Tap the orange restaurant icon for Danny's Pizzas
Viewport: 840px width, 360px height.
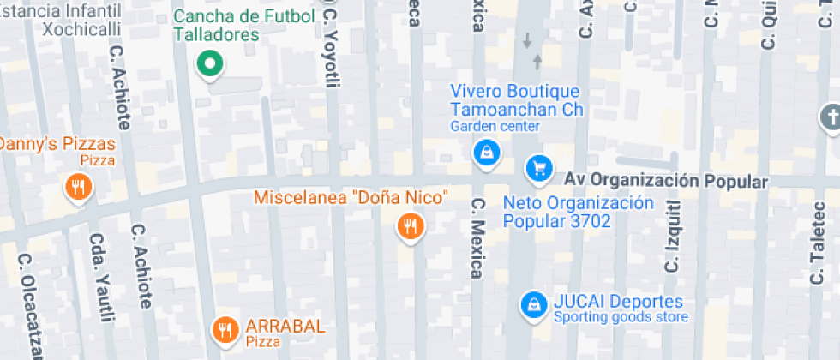click(78, 187)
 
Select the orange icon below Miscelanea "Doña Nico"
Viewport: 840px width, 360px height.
click(411, 226)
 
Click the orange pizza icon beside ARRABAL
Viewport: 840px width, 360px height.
click(225, 329)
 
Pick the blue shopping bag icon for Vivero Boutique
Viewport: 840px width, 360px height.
click(486, 153)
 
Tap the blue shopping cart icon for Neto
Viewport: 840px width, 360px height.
click(539, 169)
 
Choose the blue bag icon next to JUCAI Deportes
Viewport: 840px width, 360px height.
click(534, 303)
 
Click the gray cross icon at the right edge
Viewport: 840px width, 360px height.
click(830, 118)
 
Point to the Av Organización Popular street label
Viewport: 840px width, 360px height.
click(665, 181)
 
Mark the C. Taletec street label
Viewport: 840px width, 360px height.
click(817, 249)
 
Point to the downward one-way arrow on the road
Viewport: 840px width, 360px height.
click(527, 40)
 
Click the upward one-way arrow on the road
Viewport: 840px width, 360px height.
click(537, 61)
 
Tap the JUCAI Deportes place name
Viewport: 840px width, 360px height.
click(618, 302)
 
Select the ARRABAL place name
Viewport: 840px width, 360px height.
click(285, 326)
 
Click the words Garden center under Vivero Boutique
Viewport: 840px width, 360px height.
click(495, 127)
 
